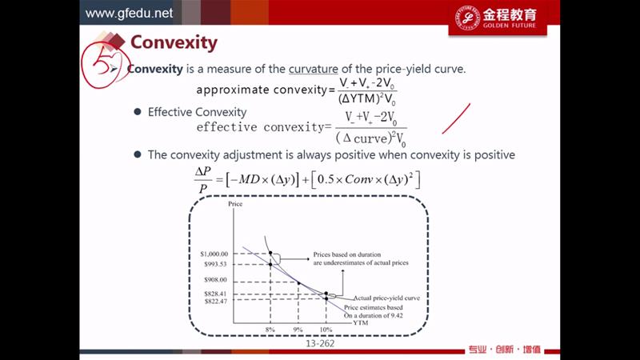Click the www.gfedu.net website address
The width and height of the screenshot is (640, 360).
click(129, 13)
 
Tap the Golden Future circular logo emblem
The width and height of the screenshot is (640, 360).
click(467, 18)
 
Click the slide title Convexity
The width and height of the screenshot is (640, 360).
click(174, 43)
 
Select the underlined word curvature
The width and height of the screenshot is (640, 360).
click(313, 69)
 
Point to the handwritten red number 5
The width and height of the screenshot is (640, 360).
click(102, 63)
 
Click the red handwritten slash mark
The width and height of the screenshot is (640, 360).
click(456, 118)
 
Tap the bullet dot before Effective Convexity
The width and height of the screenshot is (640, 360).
click(138, 112)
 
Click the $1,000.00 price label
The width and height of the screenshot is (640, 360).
click(214, 254)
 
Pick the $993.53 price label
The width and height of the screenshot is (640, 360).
click(215, 264)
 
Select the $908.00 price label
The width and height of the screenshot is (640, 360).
click(215, 279)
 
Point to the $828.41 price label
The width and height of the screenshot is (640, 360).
click(215, 294)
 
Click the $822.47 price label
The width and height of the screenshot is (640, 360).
click(215, 302)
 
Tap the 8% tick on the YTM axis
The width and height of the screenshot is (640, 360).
click(270, 330)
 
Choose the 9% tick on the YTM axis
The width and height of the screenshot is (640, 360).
click(298, 330)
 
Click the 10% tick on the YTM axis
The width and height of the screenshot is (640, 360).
click(326, 330)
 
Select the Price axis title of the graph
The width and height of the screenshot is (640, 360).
click(235, 204)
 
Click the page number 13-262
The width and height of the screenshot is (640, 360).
click(320, 344)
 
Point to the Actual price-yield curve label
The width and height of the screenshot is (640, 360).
click(386, 298)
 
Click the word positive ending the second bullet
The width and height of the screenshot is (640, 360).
click(494, 155)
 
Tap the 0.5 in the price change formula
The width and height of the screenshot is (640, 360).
click(326, 179)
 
